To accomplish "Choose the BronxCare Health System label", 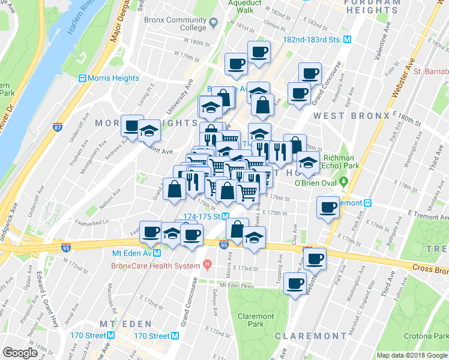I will coord(155,265).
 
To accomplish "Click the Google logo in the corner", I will coord(20,353).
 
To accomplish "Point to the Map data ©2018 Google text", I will coord(412,355).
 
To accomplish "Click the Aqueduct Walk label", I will coord(245,6).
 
